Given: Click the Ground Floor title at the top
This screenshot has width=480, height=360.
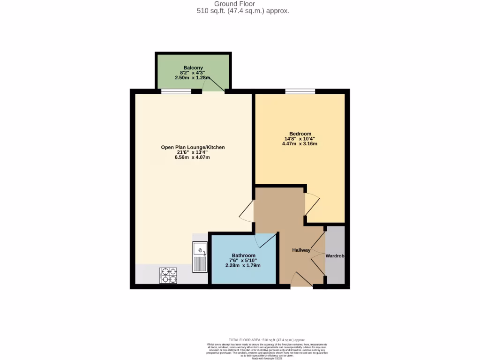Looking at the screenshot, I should [x=241, y=4].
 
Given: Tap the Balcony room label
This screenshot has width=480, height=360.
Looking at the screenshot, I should [x=193, y=67].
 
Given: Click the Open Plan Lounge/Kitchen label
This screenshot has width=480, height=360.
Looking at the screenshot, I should [x=193, y=147].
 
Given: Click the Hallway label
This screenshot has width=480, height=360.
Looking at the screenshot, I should [x=301, y=250].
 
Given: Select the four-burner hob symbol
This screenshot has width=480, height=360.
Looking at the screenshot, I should [x=169, y=275].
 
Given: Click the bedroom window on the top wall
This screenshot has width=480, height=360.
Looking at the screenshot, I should [x=300, y=91].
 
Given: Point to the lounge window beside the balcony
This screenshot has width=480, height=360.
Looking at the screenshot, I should [x=176, y=91].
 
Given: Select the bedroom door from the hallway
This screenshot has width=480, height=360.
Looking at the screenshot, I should [x=311, y=204].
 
